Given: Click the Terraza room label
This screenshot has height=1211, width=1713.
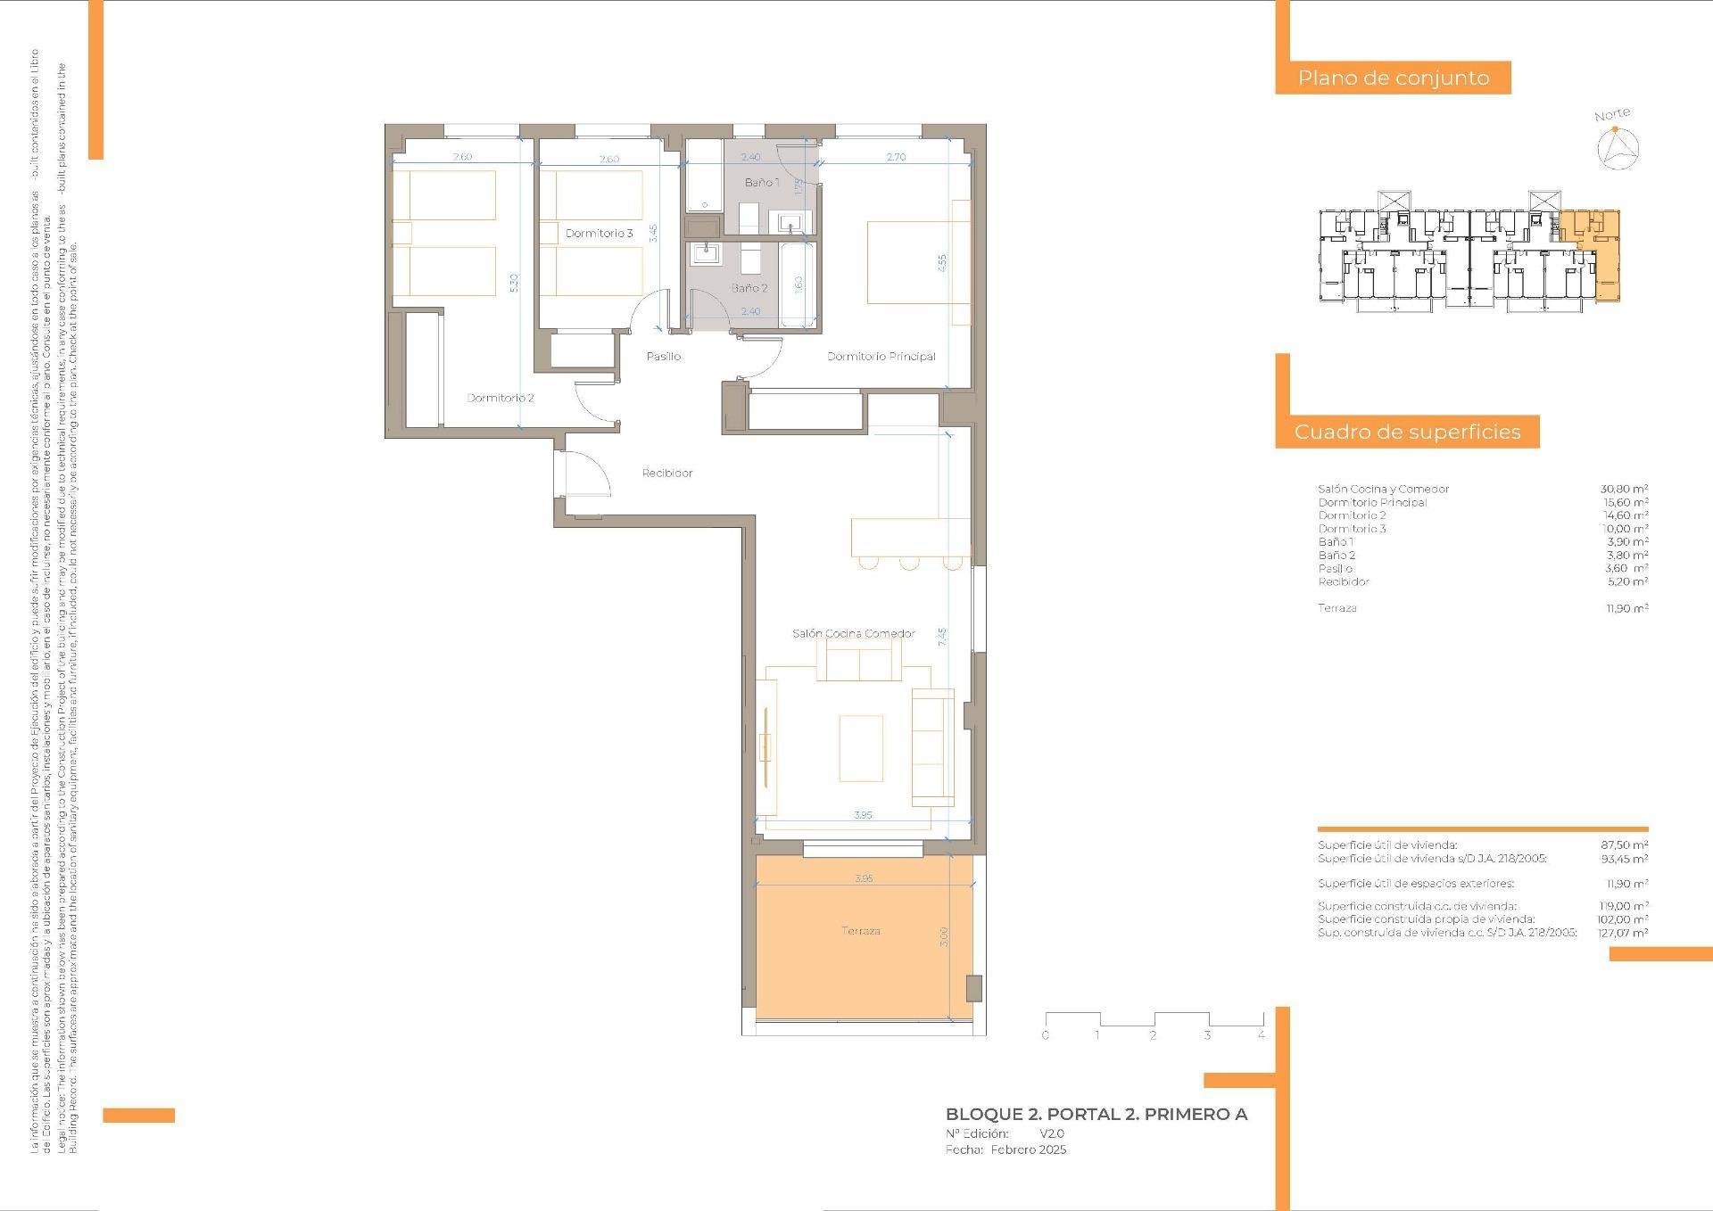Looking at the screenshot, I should (860, 930).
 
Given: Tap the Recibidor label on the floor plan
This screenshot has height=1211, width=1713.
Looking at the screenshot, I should (666, 473).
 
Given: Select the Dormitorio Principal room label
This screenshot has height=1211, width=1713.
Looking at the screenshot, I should (881, 356).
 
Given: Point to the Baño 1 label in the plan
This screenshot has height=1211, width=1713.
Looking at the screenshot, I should (762, 182).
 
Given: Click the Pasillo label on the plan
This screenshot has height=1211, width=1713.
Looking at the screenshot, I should (663, 356).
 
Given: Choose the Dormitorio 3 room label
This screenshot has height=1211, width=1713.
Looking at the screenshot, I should (599, 233).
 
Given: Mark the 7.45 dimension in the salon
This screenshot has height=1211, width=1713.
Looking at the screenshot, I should (942, 637).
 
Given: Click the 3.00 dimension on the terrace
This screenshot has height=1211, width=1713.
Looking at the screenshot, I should (944, 936).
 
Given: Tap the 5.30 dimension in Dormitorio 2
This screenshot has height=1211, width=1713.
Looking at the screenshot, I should (513, 283).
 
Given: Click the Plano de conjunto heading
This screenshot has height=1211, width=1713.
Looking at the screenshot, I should (1393, 78).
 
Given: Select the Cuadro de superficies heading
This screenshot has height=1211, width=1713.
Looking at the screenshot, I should (1407, 432).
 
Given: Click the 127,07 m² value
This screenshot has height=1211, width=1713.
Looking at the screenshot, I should (1622, 933).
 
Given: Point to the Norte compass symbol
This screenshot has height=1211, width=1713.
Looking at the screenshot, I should (1618, 147).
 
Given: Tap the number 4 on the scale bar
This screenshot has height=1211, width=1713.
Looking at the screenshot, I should (1261, 1035).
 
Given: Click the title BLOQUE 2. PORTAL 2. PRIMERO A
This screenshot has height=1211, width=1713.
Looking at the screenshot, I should (1096, 1114).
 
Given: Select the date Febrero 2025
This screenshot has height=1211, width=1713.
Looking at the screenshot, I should (1028, 1149).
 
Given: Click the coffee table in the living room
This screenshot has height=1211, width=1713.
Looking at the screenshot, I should (860, 748).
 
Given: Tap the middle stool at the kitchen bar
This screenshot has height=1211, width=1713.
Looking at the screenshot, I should (908, 562).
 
